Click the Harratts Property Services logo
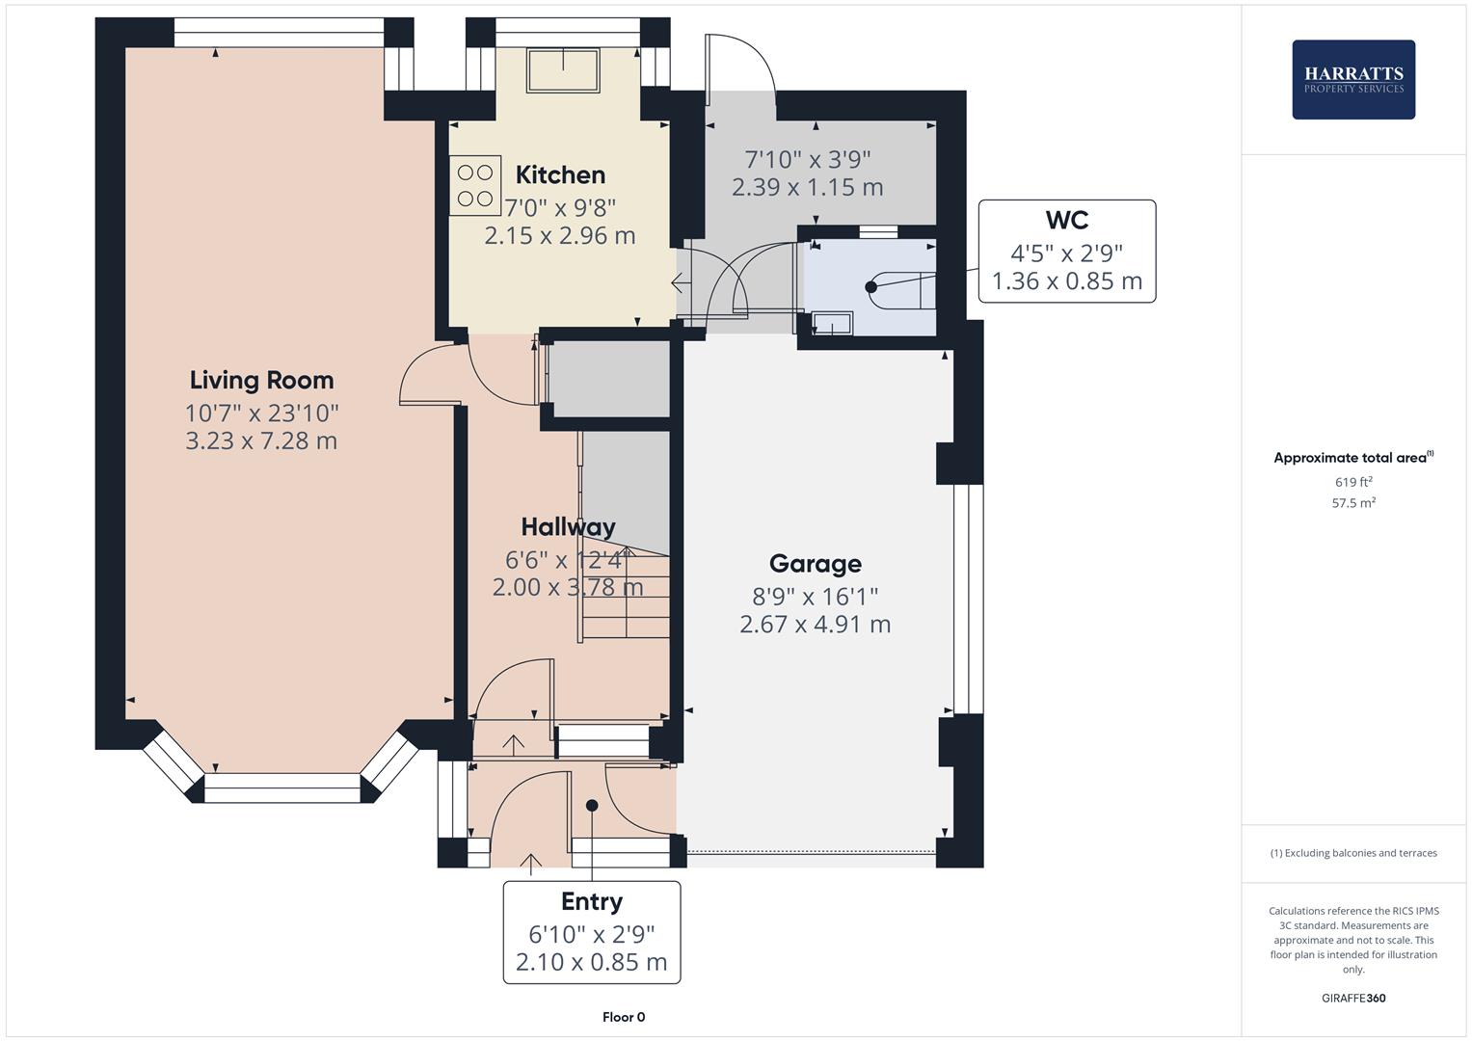click(x=1353, y=80)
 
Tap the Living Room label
click(x=261, y=380)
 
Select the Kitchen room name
click(x=560, y=174)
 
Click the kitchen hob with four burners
click(x=474, y=185)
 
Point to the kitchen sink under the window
click(x=563, y=69)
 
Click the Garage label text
click(x=815, y=564)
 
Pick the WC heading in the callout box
click(x=1067, y=221)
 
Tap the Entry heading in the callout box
click(x=591, y=901)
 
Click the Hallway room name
click(x=568, y=527)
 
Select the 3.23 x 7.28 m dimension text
click(x=261, y=441)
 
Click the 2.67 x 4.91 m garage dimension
click(x=815, y=625)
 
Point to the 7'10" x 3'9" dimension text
click(x=808, y=159)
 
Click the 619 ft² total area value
click(x=1353, y=482)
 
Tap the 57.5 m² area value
click(x=1353, y=502)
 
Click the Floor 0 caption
click(x=623, y=1017)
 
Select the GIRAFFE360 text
click(x=1353, y=998)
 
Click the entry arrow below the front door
click(x=531, y=863)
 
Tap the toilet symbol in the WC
click(x=901, y=287)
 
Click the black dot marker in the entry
click(x=592, y=805)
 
